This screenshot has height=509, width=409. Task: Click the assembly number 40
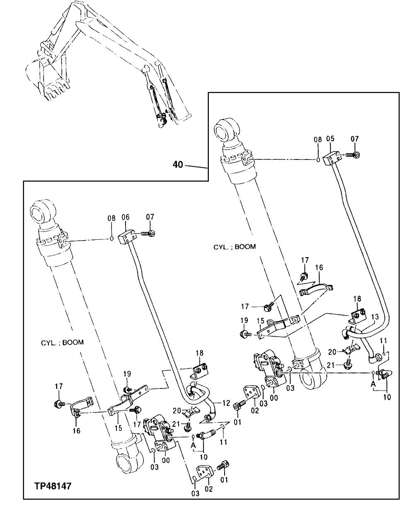point(177,165)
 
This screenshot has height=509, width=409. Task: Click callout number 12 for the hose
point(226,402)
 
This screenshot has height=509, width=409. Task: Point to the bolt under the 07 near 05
point(353,155)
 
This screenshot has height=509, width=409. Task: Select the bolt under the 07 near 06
point(149,234)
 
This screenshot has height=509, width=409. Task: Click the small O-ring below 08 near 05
point(318,160)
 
